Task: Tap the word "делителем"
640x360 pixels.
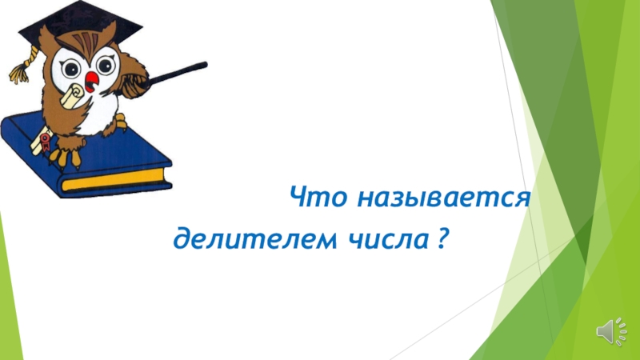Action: pos(255,238)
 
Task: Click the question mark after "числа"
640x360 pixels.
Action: pos(442,238)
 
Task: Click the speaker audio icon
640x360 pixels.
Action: pos(611,331)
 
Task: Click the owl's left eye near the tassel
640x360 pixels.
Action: pos(70,68)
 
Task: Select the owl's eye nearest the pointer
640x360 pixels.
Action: pos(106,65)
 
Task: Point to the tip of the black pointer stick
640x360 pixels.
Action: pos(206,65)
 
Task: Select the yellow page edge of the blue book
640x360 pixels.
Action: pos(112,179)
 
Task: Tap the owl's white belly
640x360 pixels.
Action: pos(100,112)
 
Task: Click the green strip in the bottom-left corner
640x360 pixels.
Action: pos(10,294)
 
